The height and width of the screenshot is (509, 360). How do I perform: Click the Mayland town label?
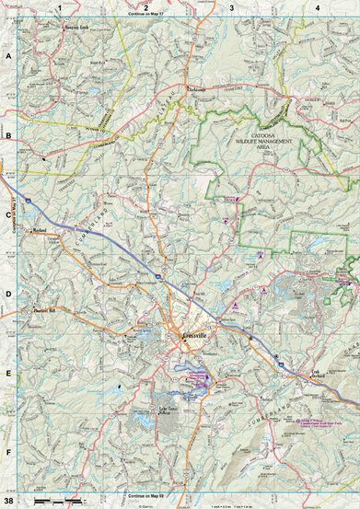click(40, 231)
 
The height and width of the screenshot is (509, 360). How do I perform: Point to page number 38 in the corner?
click(8, 500)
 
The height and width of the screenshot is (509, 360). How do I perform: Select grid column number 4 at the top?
click(317, 6)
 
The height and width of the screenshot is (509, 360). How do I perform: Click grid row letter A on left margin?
click(8, 56)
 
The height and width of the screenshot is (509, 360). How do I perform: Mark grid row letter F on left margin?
click(8, 454)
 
